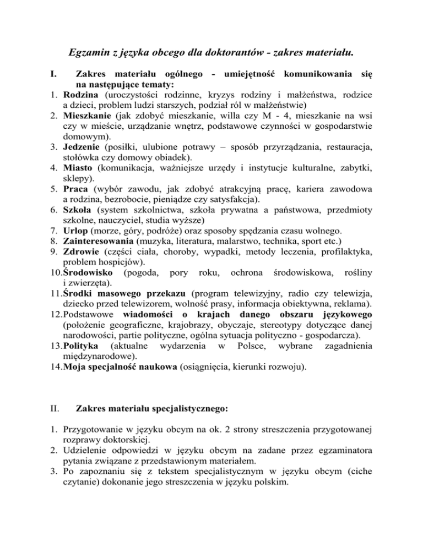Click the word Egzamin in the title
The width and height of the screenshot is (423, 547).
[x=89, y=53]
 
